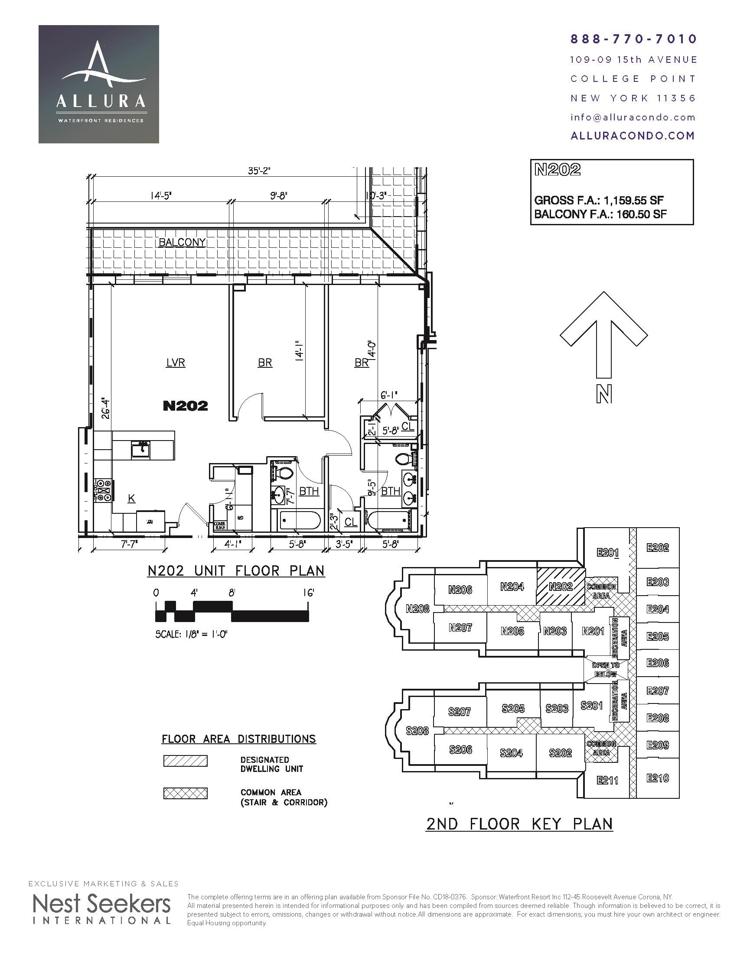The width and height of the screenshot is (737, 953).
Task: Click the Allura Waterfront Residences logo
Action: coord(99,84)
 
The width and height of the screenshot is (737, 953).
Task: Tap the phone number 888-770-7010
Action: coord(633,39)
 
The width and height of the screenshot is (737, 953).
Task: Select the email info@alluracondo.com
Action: coord(633,117)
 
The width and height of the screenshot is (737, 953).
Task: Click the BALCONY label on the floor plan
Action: coord(182,243)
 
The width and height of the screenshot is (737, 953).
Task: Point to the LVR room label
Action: coord(176,363)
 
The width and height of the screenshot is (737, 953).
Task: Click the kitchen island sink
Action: coord(140,450)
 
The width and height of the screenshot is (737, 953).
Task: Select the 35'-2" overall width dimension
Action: coord(260,171)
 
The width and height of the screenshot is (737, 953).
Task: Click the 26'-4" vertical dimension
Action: coord(105,408)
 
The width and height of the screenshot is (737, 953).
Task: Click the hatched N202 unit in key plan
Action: coord(560,587)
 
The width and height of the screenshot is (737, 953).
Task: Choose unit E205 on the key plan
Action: coord(658,637)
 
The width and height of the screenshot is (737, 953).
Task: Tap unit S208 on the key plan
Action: coord(417,730)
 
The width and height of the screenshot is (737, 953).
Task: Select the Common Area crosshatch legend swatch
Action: coord(185,793)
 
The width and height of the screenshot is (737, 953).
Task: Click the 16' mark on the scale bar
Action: coord(309,593)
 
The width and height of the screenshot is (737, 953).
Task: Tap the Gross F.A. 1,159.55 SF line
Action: coord(599,201)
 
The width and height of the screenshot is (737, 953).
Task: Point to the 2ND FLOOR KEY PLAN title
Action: coord(519,824)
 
